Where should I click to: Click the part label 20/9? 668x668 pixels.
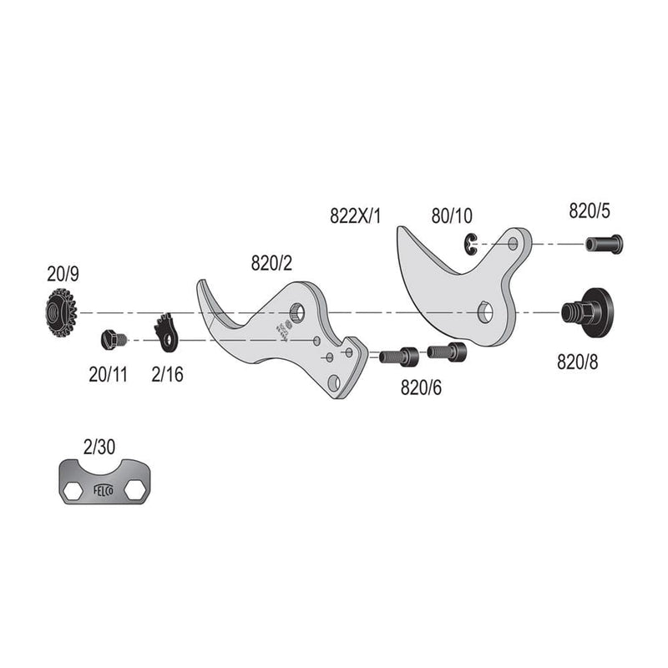(63, 273)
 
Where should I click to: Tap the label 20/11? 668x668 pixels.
(108, 374)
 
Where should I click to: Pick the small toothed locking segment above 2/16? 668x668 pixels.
(166, 331)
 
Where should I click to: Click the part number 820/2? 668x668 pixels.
(271, 264)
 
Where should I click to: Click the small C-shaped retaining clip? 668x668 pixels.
(470, 242)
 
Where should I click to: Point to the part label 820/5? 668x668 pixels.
(590, 210)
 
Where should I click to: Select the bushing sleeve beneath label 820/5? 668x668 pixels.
(604, 244)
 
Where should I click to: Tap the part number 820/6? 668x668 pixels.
(422, 387)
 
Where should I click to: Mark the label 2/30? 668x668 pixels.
(99, 447)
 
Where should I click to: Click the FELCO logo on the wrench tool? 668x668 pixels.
(99, 482)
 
